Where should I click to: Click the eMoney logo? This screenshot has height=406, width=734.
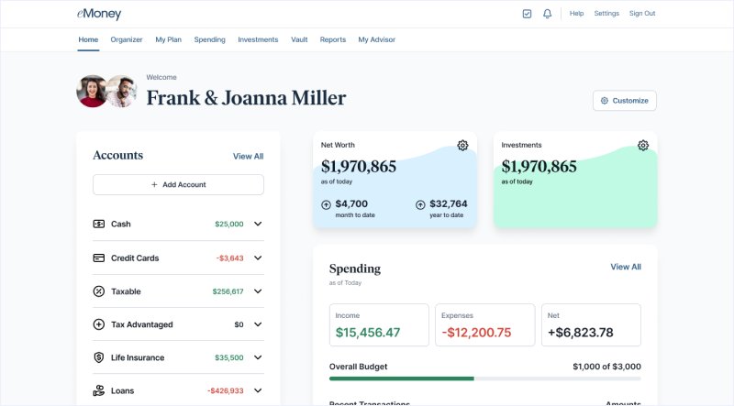[x=99, y=14]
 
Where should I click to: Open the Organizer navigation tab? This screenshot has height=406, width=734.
[x=127, y=39]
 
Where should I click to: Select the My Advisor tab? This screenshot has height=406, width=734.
[x=377, y=39]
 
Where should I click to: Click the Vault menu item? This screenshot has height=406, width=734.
[x=299, y=39]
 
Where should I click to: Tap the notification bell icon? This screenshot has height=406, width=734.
[x=548, y=14]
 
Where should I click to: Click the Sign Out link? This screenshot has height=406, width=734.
[x=642, y=14]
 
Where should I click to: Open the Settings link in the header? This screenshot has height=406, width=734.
[x=606, y=14]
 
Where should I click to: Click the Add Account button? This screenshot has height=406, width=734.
[x=178, y=184]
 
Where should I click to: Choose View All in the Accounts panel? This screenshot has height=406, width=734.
[x=248, y=157]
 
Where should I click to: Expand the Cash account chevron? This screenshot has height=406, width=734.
[x=258, y=224]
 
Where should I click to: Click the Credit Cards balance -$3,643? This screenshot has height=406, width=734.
[x=229, y=258]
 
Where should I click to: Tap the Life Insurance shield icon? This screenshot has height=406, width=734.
[x=99, y=357]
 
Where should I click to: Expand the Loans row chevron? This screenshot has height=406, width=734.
[x=258, y=390]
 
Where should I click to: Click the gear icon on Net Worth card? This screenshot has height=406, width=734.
[x=462, y=146]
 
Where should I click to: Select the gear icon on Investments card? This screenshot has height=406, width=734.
[x=643, y=146]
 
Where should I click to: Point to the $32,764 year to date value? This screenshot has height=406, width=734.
[x=448, y=203]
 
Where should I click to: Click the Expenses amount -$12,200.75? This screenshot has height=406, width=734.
[x=476, y=333]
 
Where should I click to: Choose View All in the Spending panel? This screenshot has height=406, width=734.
[x=626, y=267]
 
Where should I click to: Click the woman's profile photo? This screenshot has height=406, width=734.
[x=93, y=92]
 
